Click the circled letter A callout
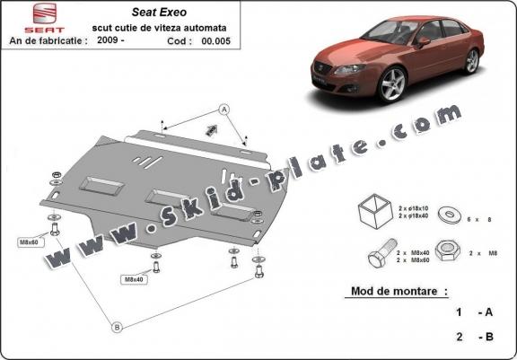pos(224,109)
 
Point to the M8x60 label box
pos(31,242)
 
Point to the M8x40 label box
pos(133,280)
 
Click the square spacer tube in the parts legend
pos(375,212)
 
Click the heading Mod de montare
pos(395,292)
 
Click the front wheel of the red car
pos(392,84)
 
